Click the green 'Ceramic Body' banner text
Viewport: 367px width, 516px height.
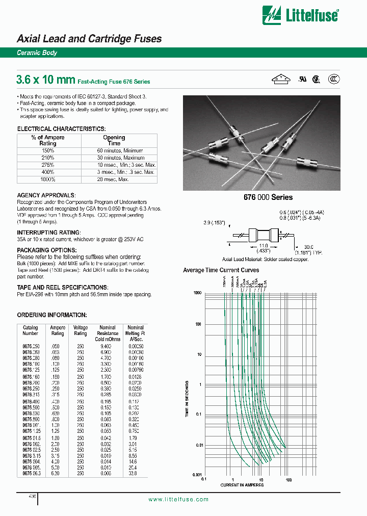pos(37,53)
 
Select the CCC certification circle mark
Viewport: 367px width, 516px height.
pos(334,79)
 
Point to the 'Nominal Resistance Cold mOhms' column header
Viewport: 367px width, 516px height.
pos(107,333)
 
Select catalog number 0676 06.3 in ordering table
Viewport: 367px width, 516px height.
pos(31,473)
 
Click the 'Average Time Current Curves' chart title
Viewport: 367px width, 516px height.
pos(221,270)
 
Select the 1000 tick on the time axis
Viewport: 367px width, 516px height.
pos(197,293)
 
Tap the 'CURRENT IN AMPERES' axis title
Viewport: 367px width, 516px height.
pos(242,485)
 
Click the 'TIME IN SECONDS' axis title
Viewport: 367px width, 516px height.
pos(187,399)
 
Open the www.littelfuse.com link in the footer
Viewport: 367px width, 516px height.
pos(178,499)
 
